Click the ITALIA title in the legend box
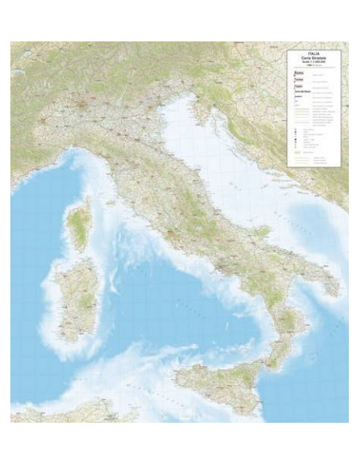(x=313, y=55)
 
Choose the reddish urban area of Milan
(x=80, y=103)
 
